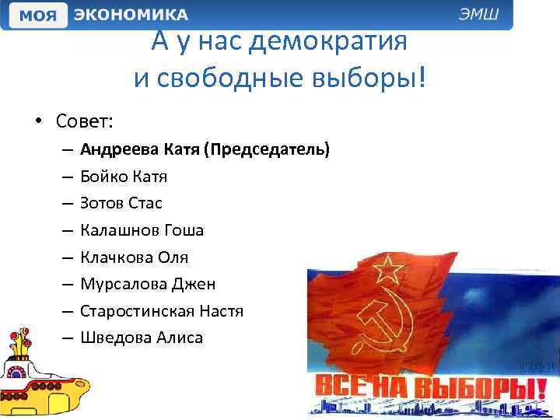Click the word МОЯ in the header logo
(38, 16)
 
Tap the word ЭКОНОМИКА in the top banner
(131, 16)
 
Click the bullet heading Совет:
(84, 121)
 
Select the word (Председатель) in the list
(266, 149)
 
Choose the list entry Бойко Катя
(124, 176)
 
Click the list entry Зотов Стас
(121, 203)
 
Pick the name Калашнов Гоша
(142, 230)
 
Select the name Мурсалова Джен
(148, 284)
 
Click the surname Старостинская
(138, 311)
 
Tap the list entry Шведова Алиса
(141, 338)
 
